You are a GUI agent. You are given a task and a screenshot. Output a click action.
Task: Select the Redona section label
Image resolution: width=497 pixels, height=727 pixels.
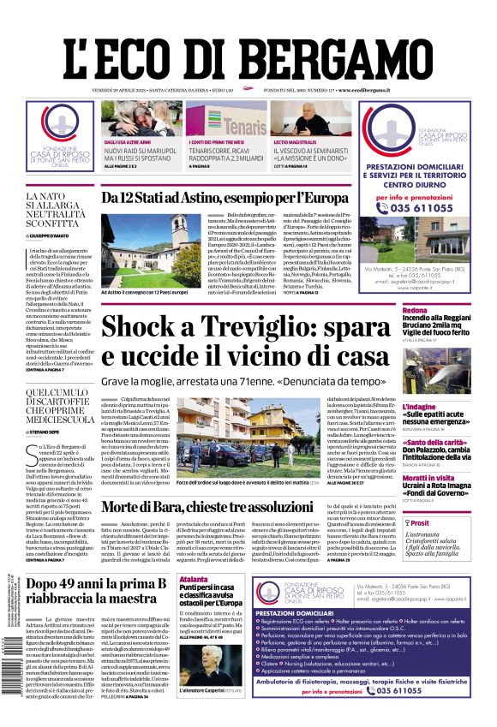[x=415, y=310]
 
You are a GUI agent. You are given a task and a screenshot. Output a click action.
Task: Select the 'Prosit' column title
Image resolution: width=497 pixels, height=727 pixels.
[x=420, y=522]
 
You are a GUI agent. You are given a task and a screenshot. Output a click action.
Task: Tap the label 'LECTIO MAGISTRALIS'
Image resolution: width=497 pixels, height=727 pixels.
[x=294, y=143]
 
